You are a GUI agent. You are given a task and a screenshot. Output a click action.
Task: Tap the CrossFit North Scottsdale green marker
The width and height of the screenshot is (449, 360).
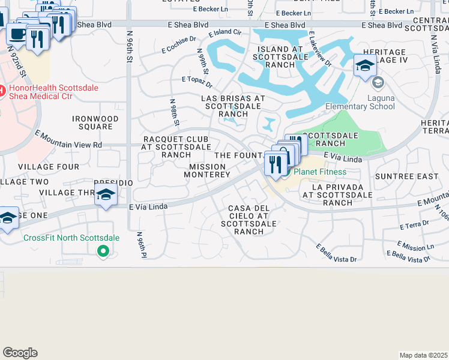point(103,251)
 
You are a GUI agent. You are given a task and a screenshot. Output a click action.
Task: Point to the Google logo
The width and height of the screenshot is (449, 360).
point(20,353)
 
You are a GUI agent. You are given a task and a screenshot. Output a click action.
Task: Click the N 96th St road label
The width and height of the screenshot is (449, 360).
point(129,52)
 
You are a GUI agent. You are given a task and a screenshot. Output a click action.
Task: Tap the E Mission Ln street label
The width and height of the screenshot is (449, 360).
point(415,246)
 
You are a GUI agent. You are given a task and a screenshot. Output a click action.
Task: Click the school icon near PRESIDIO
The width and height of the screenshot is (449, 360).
point(106,195)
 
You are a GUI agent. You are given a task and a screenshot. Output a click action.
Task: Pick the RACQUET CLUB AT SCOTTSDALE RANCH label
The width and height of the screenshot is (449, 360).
point(176,146)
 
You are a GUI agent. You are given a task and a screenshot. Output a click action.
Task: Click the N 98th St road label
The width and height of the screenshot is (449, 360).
point(175,113)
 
